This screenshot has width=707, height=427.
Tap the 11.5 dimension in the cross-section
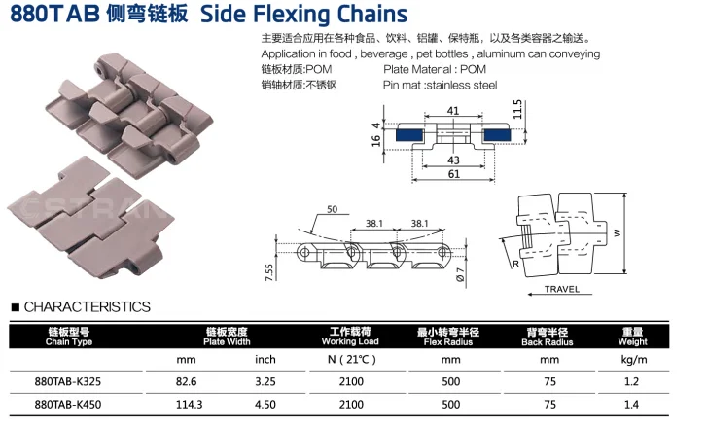[517, 108]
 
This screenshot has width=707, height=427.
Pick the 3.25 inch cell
[265, 382]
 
